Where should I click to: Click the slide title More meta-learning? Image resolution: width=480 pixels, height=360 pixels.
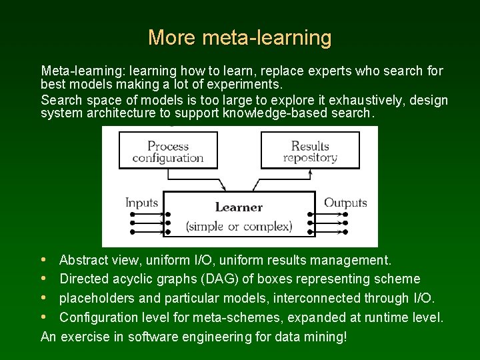coord(239,37)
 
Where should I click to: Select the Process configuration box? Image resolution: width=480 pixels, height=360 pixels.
coord(167,151)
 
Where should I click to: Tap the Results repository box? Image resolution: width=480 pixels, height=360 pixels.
coord(310,151)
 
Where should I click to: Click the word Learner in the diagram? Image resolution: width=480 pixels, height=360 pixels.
coord(239,207)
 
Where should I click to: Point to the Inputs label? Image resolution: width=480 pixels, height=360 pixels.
coord(141,203)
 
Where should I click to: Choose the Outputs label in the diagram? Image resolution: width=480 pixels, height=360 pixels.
coord(345,203)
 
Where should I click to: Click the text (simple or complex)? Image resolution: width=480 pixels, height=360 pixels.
coord(239,226)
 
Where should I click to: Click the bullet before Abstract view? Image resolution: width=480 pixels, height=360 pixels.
coord(44,260)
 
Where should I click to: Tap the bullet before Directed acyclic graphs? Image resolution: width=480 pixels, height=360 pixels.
coord(44,279)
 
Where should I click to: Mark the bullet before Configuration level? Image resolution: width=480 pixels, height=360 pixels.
coord(44,317)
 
